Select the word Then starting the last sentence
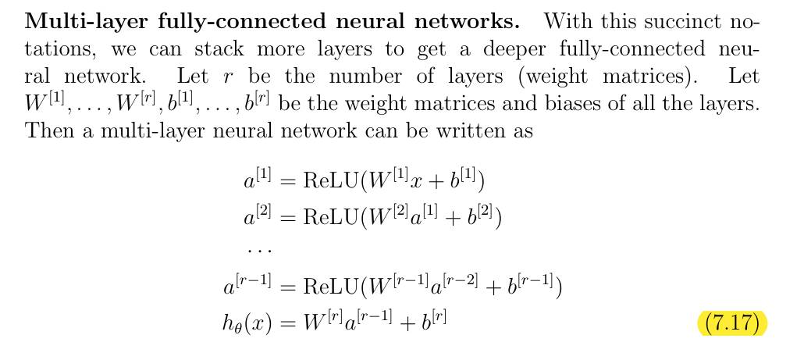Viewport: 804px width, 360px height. (48, 130)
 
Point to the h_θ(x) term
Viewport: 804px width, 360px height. (246, 322)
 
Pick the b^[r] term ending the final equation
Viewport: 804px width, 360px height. (433, 319)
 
